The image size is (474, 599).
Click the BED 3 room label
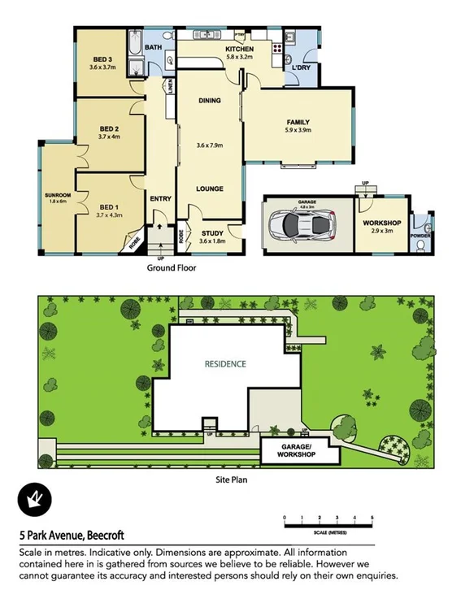click(102, 59)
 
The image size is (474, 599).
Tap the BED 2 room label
click(110, 129)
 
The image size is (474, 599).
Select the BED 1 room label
click(108, 208)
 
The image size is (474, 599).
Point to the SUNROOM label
click(57, 196)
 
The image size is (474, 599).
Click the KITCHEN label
click(239, 50)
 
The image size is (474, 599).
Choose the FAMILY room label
click(298, 123)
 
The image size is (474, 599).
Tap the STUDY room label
click(212, 234)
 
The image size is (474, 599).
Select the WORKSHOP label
click(382, 223)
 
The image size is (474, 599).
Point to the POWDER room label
click(420, 236)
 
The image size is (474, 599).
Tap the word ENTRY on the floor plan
click(159, 197)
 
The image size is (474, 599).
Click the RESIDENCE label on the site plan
click(225, 364)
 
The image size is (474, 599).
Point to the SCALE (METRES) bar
click(328, 524)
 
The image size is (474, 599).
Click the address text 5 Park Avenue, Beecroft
click(71, 536)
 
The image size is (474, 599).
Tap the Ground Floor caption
click(171, 267)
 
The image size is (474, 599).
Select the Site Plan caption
click(231, 480)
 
